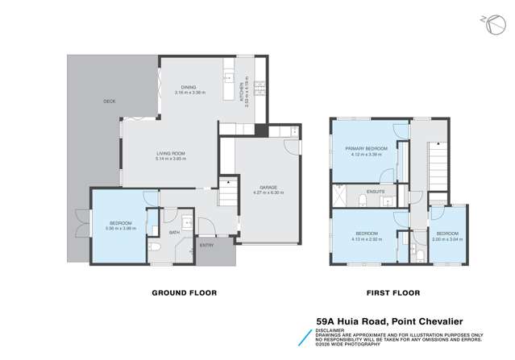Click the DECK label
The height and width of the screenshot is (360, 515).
(x=110, y=101)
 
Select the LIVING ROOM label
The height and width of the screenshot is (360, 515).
(x=171, y=153)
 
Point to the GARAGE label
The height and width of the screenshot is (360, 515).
(x=258, y=187)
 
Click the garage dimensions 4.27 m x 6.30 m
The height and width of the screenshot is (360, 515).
(x=258, y=192)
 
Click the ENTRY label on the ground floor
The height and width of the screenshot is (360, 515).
(x=207, y=246)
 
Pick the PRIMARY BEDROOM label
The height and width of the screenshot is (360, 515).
(x=367, y=149)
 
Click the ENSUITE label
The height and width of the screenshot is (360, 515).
(x=376, y=192)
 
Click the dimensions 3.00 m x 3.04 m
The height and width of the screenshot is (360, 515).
(x=447, y=239)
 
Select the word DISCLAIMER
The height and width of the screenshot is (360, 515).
(x=330, y=329)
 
